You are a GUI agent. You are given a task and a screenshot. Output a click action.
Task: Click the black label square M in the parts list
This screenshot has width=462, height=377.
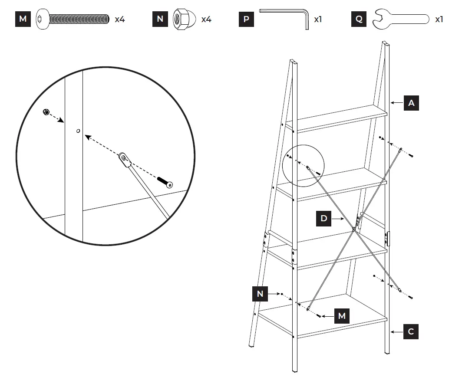23,19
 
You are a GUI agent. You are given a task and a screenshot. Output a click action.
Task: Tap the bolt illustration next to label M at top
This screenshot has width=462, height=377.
73,19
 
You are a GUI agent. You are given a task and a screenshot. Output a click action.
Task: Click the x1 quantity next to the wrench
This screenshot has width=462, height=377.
439,20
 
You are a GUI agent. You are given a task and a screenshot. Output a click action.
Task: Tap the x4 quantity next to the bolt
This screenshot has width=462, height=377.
120,20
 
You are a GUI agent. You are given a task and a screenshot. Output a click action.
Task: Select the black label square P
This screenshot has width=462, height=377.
246,19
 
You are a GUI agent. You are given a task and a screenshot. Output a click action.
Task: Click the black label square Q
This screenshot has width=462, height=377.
359,19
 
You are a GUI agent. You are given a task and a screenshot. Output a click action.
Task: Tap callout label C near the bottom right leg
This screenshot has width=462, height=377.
411,332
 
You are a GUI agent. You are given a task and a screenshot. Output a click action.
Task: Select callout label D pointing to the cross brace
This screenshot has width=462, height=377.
324,218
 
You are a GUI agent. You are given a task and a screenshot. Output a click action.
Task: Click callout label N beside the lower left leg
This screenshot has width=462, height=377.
260,294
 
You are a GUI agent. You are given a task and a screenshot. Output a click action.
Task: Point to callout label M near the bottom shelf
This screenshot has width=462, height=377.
342,316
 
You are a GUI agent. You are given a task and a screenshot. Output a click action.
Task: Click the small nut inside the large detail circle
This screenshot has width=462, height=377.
46,113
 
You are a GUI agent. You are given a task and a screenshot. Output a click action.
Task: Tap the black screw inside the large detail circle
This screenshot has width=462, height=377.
165,182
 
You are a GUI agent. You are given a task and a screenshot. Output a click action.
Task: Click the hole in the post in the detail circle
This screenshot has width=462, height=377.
78,130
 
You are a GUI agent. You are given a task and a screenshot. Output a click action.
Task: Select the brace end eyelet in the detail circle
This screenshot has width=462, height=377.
125,159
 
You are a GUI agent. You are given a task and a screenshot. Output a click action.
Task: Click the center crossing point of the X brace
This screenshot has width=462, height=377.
354,229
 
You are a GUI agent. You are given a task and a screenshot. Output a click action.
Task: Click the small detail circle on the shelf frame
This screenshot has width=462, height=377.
303,165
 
